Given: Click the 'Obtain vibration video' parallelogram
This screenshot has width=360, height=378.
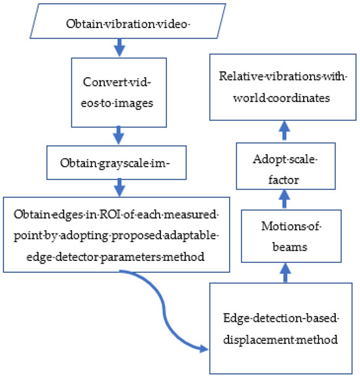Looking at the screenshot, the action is [128, 21].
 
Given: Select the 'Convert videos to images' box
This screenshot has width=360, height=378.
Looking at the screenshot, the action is [119, 93].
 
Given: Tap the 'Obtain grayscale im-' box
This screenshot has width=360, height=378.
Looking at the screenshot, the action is [117, 163].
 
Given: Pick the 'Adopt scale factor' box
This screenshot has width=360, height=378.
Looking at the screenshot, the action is [285, 166].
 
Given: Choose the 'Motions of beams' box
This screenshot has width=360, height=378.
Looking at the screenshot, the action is [291, 236].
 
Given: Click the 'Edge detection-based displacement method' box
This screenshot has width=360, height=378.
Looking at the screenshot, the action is [281, 328].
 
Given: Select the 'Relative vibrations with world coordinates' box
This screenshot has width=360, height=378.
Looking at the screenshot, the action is [283, 87].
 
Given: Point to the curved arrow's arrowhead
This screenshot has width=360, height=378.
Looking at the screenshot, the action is [204, 349].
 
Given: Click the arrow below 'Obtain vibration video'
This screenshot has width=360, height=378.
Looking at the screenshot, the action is [119, 48].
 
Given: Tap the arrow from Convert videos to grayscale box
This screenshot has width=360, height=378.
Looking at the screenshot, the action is [118, 135].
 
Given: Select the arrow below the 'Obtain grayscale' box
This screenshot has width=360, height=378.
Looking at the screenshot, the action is [120, 188].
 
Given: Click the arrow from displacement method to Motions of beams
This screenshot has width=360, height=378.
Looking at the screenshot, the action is [285, 273].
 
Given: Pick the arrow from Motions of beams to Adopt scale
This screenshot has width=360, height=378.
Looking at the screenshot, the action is [285, 199].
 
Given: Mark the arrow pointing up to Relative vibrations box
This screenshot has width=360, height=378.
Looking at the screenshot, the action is [285, 130].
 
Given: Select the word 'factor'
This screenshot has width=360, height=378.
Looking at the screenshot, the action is [284, 180].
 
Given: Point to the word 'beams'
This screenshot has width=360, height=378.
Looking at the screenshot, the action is [290, 247].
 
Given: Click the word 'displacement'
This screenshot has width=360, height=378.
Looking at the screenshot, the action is [258, 340].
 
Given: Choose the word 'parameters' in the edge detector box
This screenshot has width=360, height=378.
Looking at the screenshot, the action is [130, 257].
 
